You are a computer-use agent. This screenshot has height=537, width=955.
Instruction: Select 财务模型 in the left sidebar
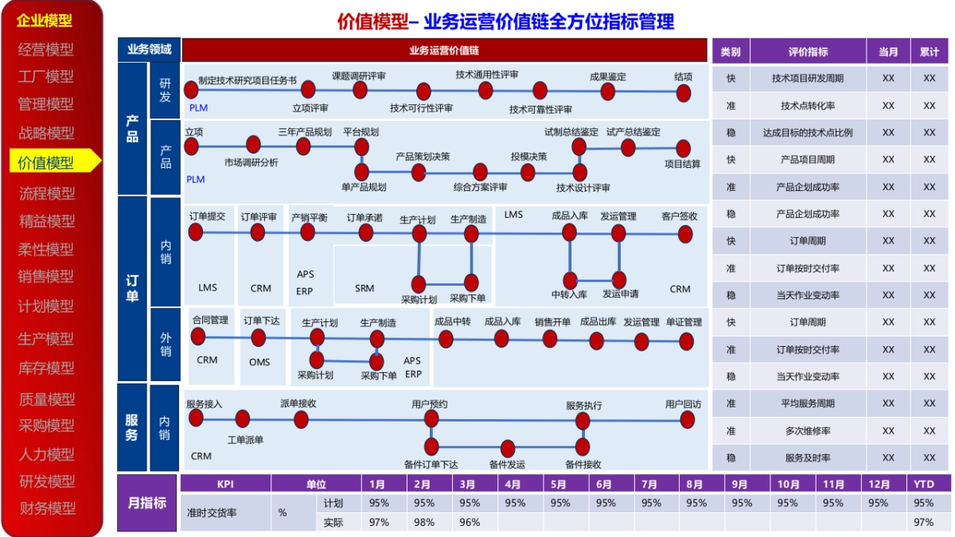[x=47, y=508]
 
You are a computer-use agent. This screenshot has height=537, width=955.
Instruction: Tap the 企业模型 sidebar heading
[x=45, y=21]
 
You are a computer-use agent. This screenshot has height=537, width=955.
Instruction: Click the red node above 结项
[x=683, y=93]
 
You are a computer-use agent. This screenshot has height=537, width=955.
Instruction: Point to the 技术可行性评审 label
[x=421, y=108]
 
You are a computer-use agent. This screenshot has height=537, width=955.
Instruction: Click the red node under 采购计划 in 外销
[x=317, y=360]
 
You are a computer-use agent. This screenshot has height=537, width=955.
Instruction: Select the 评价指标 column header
[x=808, y=52]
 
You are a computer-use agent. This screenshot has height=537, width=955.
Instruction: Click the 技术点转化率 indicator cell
[x=808, y=106]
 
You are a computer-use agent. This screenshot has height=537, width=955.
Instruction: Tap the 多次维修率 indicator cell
[x=808, y=431]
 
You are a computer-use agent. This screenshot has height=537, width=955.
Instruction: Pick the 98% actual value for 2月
[x=424, y=523]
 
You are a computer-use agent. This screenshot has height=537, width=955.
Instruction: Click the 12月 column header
[x=879, y=484]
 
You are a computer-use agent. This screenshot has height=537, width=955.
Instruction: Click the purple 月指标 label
[x=147, y=503]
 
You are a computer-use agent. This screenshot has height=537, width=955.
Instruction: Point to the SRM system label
[x=364, y=289]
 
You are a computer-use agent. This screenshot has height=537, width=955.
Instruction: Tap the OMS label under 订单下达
[x=259, y=362]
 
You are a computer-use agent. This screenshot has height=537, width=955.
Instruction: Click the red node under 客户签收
[x=685, y=233]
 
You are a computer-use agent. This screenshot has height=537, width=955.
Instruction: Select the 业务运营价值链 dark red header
[x=444, y=50]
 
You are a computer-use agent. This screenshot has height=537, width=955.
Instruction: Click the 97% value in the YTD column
[x=924, y=523]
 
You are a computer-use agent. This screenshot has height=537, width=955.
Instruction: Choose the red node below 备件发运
[x=508, y=449]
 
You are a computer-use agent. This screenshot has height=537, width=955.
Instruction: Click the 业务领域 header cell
[x=149, y=49]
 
